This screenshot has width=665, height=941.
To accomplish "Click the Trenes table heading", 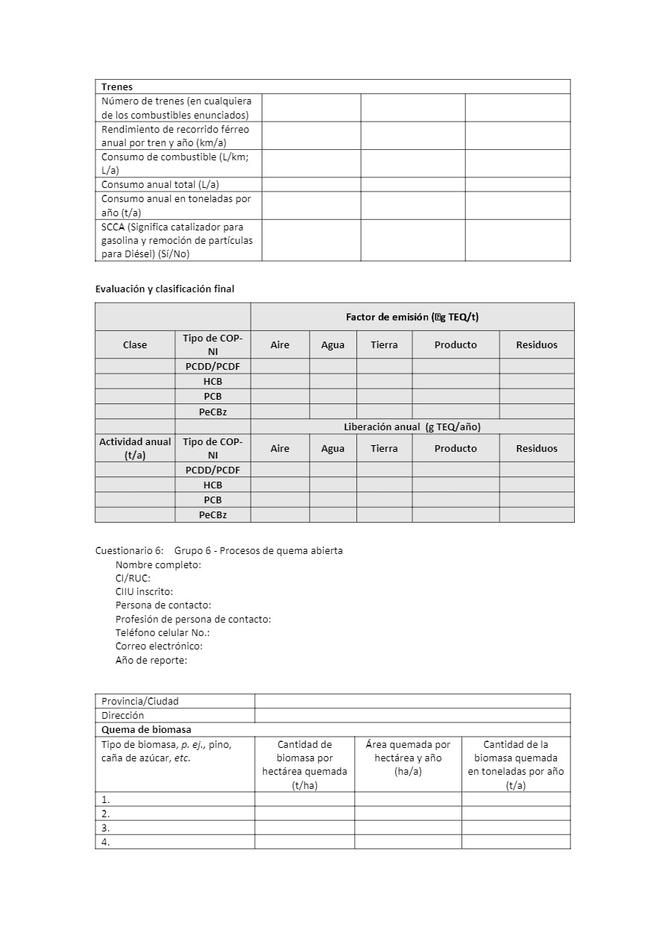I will (x=117, y=86).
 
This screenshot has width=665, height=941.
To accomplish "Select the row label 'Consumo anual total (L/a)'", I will (x=160, y=184).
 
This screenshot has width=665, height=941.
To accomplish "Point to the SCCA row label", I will (x=177, y=240).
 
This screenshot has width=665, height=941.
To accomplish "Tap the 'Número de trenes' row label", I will (x=177, y=107).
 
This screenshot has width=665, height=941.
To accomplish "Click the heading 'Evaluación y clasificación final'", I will (x=165, y=289).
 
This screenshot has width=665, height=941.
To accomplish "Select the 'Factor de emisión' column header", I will (x=412, y=317).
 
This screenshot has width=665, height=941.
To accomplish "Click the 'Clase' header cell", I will (x=135, y=344).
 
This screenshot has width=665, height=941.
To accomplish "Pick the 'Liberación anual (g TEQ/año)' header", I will (x=412, y=427).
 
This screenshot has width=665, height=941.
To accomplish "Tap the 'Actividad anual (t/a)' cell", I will (x=135, y=448).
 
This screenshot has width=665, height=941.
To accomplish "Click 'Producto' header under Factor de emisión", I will (x=456, y=344).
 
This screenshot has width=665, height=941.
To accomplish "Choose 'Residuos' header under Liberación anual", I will (x=537, y=448).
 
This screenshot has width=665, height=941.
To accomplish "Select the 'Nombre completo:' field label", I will (x=158, y=564).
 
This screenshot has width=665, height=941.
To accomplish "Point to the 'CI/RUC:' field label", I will (x=133, y=578).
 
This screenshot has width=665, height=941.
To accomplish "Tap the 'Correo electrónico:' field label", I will (x=159, y=646).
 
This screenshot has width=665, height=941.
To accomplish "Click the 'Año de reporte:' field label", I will (x=151, y=660).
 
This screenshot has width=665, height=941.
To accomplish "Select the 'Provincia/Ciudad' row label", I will (x=140, y=701).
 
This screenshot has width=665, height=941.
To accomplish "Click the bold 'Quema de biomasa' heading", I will (x=146, y=729).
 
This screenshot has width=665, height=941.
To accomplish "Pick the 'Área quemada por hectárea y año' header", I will (x=408, y=758).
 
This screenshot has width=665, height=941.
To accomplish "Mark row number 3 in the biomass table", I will (x=106, y=828).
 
